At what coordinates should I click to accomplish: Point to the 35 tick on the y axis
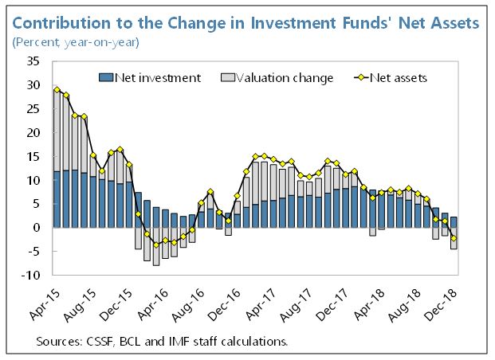coord(34,61)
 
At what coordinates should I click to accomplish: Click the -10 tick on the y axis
coord(32,276)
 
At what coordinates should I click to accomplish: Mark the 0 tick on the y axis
coord(37,228)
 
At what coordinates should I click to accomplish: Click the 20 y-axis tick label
coord(34,132)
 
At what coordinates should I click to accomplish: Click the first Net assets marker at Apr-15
coord(57,89)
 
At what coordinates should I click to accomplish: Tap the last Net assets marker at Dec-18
coord(454,238)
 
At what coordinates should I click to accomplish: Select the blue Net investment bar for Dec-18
coord(454,222)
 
